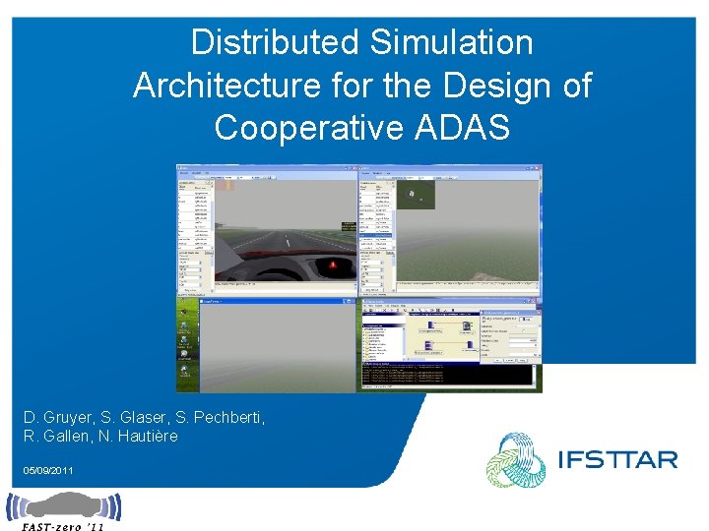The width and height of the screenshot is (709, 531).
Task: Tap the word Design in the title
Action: pyautogui.click(x=498, y=86)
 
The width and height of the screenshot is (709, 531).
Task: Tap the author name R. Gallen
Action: pyautogui.click(x=58, y=436)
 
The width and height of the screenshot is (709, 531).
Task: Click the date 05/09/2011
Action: pyautogui.click(x=48, y=472)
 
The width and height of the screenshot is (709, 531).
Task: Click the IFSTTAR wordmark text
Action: pyautogui.click(x=616, y=459)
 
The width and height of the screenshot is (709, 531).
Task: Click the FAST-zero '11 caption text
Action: pyautogui.click(x=62, y=526)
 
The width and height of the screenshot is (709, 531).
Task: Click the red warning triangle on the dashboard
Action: pyautogui.click(x=333, y=265)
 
